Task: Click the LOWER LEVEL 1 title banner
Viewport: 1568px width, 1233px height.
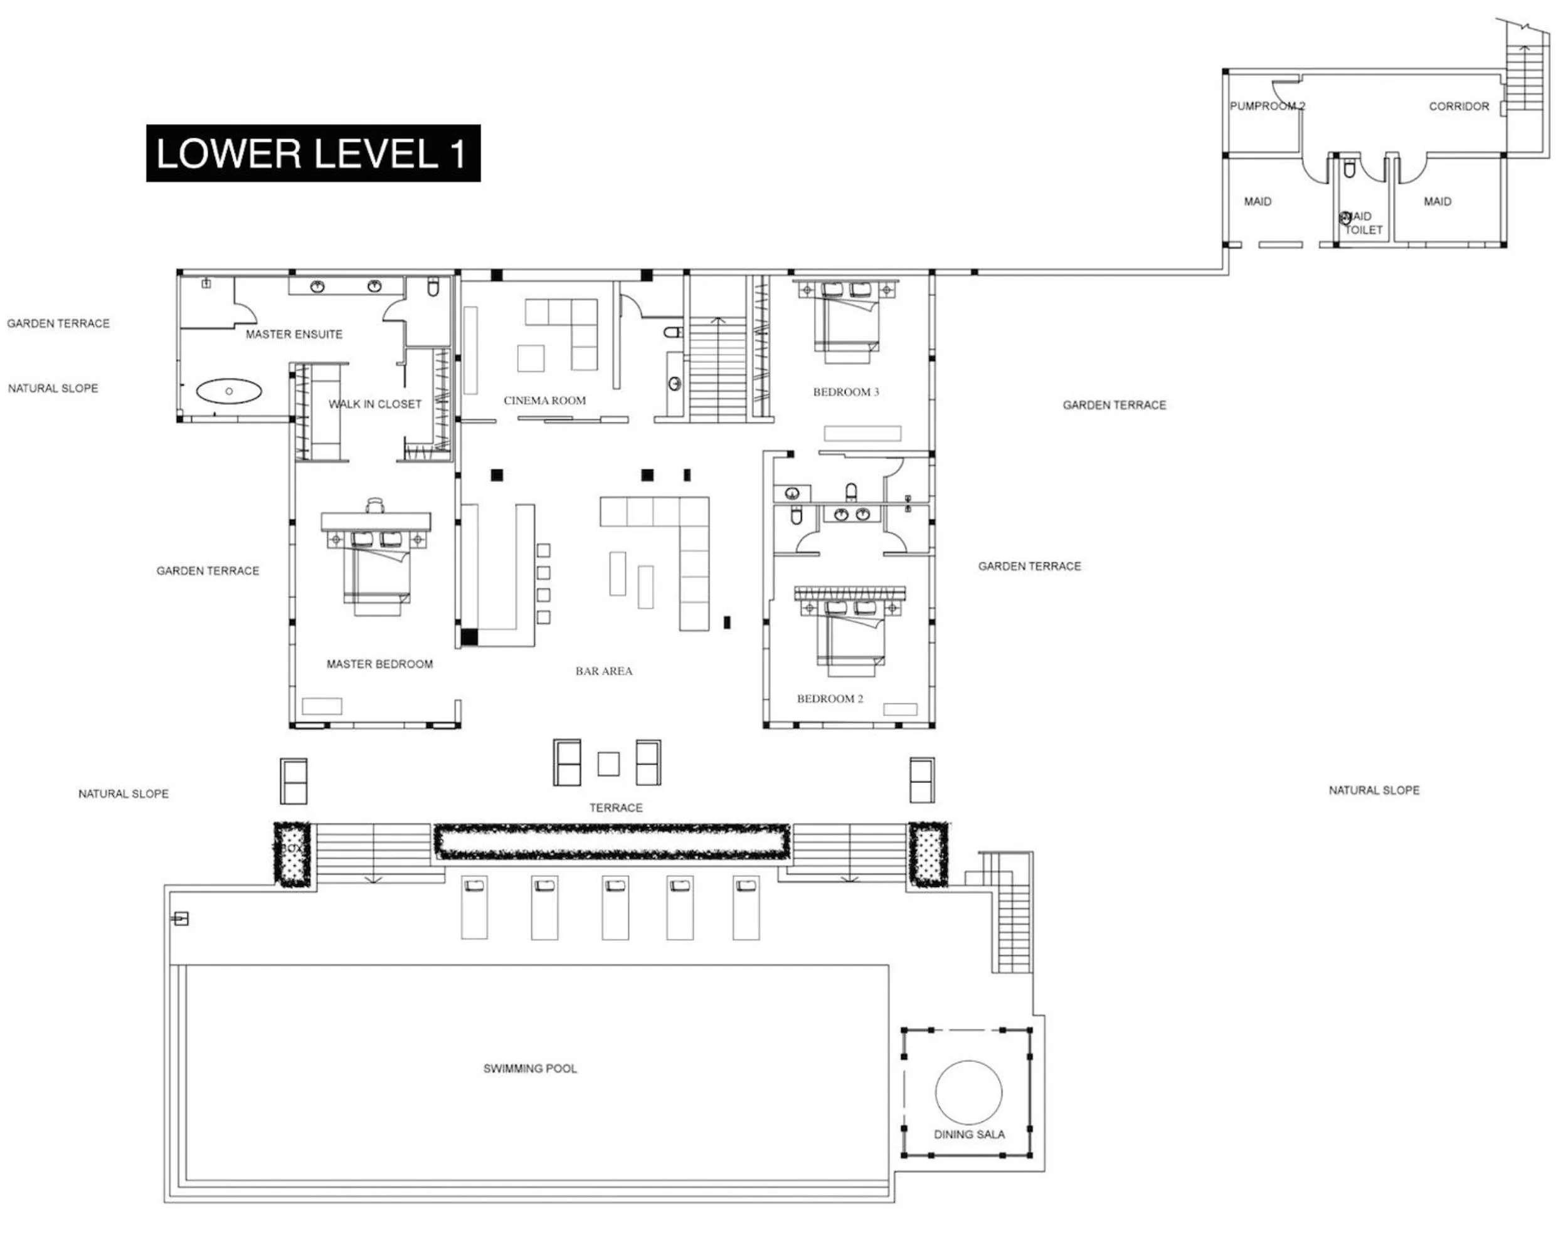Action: (313, 153)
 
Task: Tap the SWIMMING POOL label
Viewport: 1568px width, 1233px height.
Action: (529, 1068)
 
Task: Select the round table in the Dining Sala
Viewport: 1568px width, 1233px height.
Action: (968, 1092)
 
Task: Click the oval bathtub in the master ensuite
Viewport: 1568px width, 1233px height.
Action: (228, 391)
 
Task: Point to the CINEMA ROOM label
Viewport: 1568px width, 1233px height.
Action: (544, 401)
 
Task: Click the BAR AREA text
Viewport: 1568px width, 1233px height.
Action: (604, 671)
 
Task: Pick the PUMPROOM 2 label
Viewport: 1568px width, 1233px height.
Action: (1267, 106)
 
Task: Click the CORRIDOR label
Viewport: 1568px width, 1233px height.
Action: (1458, 106)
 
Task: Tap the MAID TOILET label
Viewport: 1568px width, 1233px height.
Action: (1362, 223)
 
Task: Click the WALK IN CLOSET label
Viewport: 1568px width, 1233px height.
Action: (375, 404)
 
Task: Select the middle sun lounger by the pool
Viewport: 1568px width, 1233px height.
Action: (615, 908)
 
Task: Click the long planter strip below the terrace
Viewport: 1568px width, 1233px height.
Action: (611, 841)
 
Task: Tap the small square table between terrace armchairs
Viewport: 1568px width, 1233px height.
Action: (608, 763)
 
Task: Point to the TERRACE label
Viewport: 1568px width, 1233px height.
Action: (615, 808)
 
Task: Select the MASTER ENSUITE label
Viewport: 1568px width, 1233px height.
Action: (294, 334)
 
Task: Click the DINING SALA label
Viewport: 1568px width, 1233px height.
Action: (968, 1134)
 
